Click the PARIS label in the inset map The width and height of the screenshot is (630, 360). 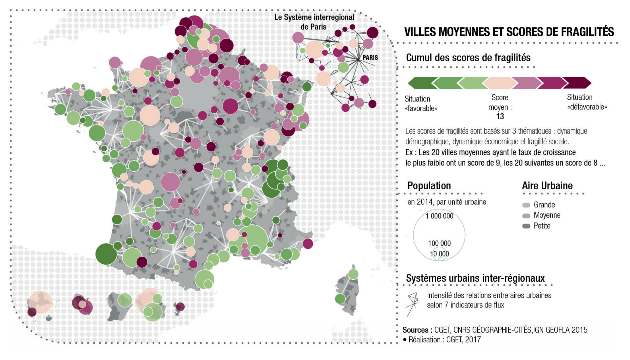click(x=370, y=57)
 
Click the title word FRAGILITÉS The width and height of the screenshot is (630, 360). click(x=579, y=32)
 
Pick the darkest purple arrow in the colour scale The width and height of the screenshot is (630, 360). click(x=577, y=82)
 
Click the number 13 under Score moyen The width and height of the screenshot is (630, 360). click(x=500, y=116)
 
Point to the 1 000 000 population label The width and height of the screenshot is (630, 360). click(x=439, y=216)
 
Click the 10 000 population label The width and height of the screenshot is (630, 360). click(x=439, y=253)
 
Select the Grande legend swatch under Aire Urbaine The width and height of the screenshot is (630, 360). click(x=526, y=205)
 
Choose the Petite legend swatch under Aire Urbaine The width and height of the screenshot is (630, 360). click(x=526, y=226)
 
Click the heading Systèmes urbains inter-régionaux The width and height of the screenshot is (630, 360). click(x=475, y=278)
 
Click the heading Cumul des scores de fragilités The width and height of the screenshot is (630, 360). click(x=468, y=58)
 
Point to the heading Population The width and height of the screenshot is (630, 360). click(x=429, y=186)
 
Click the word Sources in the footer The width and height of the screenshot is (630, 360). click(x=416, y=330)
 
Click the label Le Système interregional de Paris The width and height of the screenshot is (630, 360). click(x=314, y=21)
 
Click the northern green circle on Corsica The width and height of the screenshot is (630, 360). click(x=353, y=274)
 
